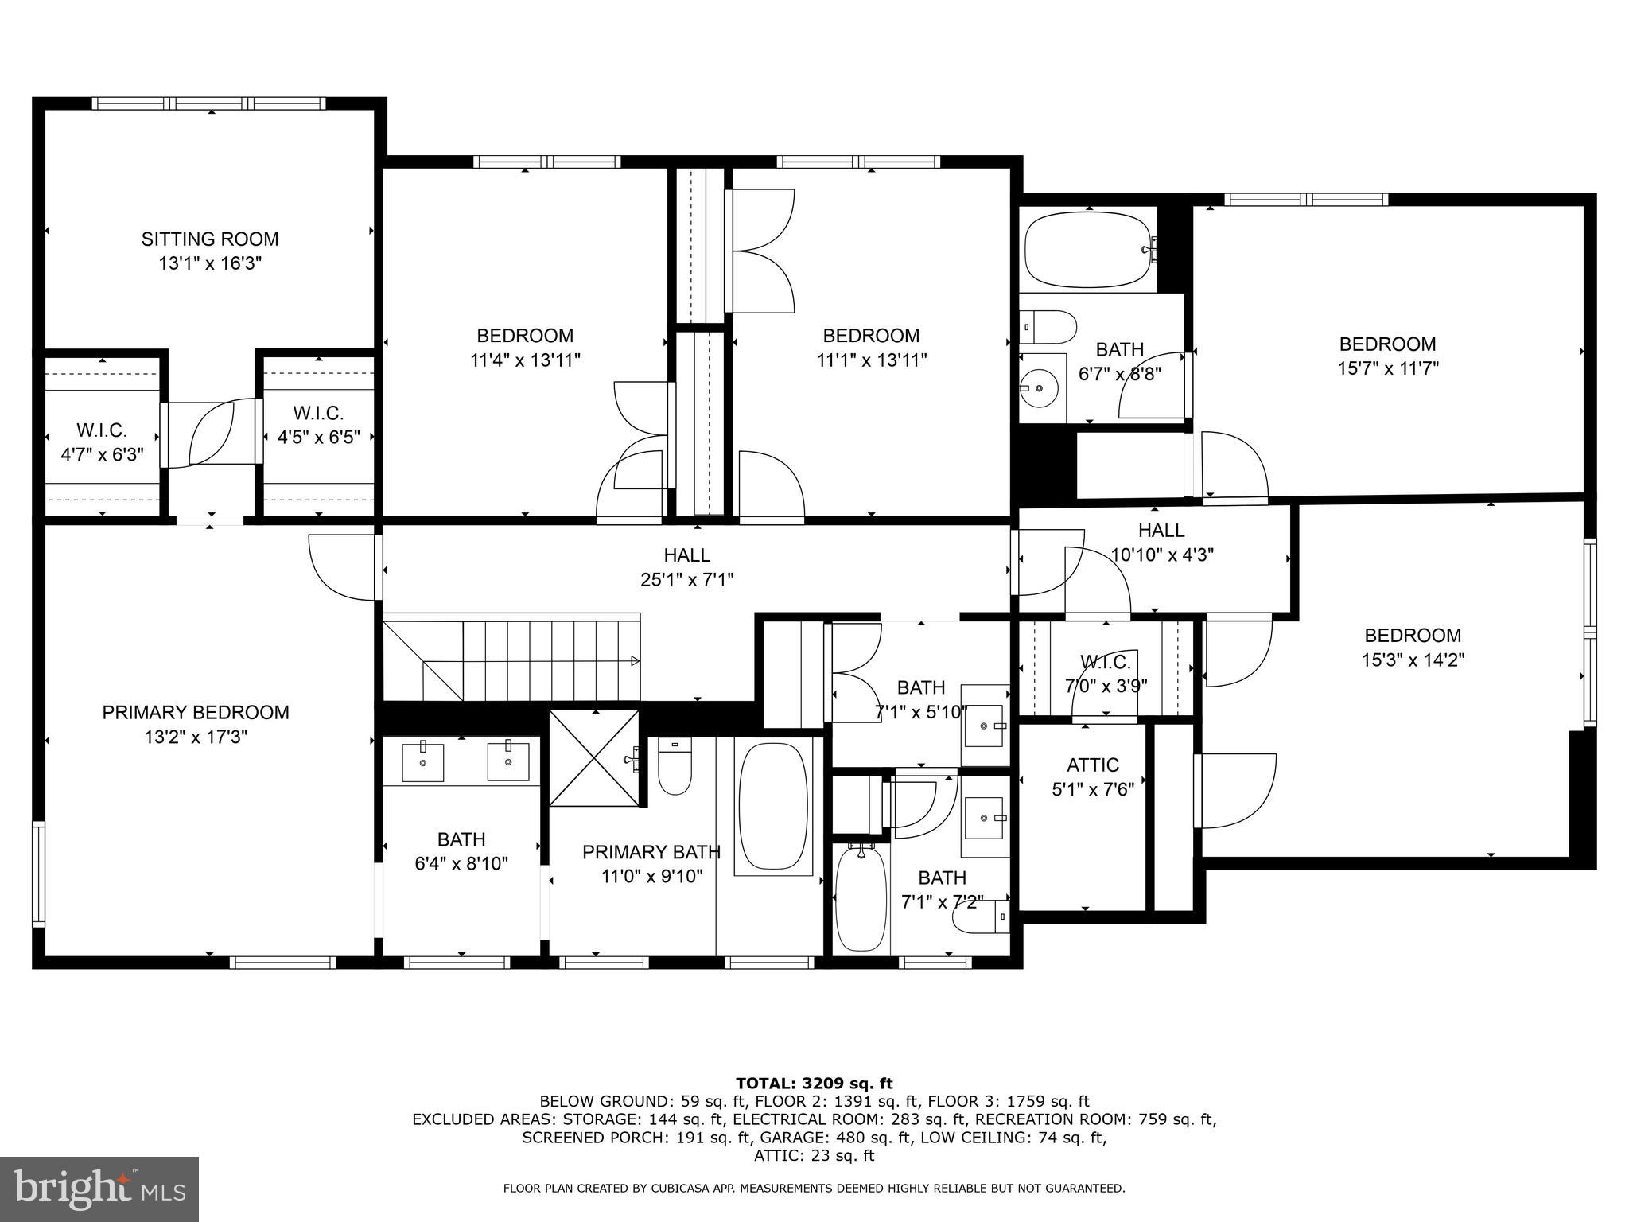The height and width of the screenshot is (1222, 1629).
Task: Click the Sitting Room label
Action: click(210, 239)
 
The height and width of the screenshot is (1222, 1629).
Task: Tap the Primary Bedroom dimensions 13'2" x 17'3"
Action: click(196, 737)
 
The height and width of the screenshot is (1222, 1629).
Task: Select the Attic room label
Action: click(1092, 765)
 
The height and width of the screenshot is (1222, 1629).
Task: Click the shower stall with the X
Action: click(594, 758)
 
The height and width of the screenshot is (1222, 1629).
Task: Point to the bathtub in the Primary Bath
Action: click(772, 807)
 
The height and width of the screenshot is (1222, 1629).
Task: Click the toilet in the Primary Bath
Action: click(675, 767)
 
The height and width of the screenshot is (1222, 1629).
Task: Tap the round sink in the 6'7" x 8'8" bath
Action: click(1040, 388)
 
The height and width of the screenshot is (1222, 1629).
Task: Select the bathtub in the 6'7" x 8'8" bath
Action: click(1087, 249)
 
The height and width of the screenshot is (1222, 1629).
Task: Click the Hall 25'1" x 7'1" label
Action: click(686, 567)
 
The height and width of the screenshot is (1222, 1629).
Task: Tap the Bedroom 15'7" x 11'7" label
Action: click(1387, 356)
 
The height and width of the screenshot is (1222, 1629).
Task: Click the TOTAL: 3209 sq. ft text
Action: click(814, 1083)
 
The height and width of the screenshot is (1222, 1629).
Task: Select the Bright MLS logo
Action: click(99, 1189)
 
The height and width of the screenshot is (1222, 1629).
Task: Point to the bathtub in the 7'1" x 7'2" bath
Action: click(861, 900)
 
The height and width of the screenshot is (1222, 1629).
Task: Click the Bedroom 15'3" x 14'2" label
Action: click(1413, 647)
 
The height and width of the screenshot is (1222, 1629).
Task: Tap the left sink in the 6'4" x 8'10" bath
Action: click(422, 762)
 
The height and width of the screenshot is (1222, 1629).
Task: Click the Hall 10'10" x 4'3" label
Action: click(1161, 542)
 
